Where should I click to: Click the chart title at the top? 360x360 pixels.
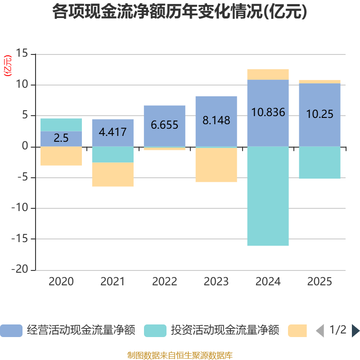180,12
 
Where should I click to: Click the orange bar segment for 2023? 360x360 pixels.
216,165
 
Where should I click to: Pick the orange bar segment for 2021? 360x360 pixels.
113,175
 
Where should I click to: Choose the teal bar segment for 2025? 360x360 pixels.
320,162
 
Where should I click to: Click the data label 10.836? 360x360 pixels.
268,112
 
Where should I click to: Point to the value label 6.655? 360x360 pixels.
165,125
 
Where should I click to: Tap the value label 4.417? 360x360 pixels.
113,132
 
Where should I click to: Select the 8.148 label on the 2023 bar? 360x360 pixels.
216,121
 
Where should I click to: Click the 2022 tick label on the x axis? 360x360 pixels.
165,282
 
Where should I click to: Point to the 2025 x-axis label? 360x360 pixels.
320,282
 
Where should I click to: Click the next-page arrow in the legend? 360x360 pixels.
355,331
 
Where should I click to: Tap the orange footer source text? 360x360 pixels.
180,355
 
